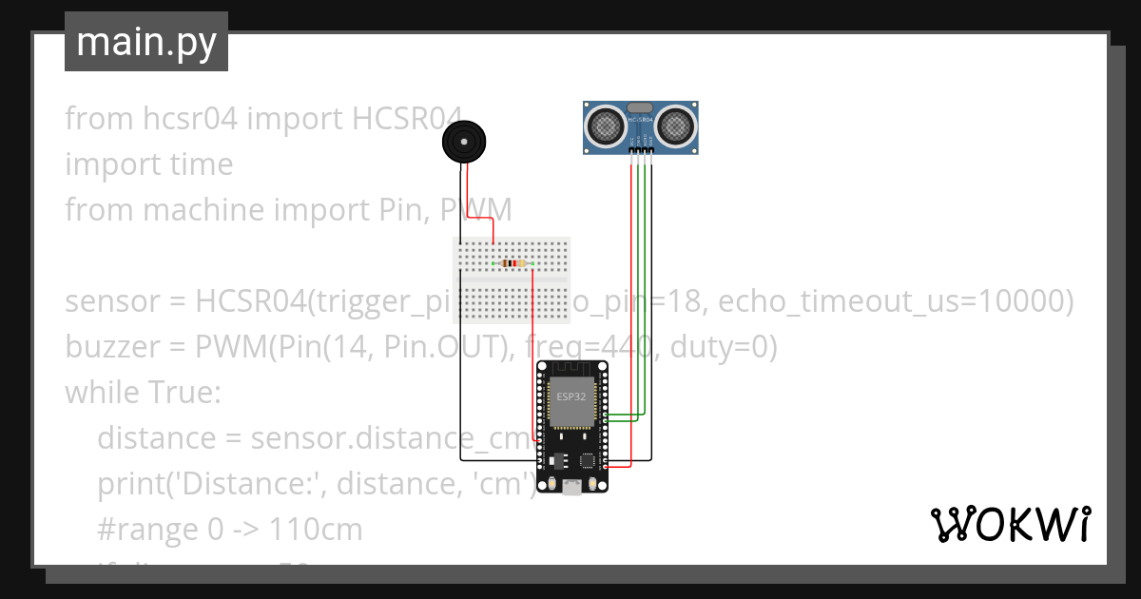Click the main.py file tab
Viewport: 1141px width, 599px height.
coord(145,43)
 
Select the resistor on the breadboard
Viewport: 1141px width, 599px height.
coord(512,263)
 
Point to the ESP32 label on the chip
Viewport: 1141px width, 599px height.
coord(571,396)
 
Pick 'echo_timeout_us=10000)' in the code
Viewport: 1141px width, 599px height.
coord(895,302)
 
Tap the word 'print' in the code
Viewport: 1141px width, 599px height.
coord(128,484)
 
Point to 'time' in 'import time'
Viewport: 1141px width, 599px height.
coord(200,164)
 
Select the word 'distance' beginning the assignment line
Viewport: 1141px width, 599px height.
coord(156,438)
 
